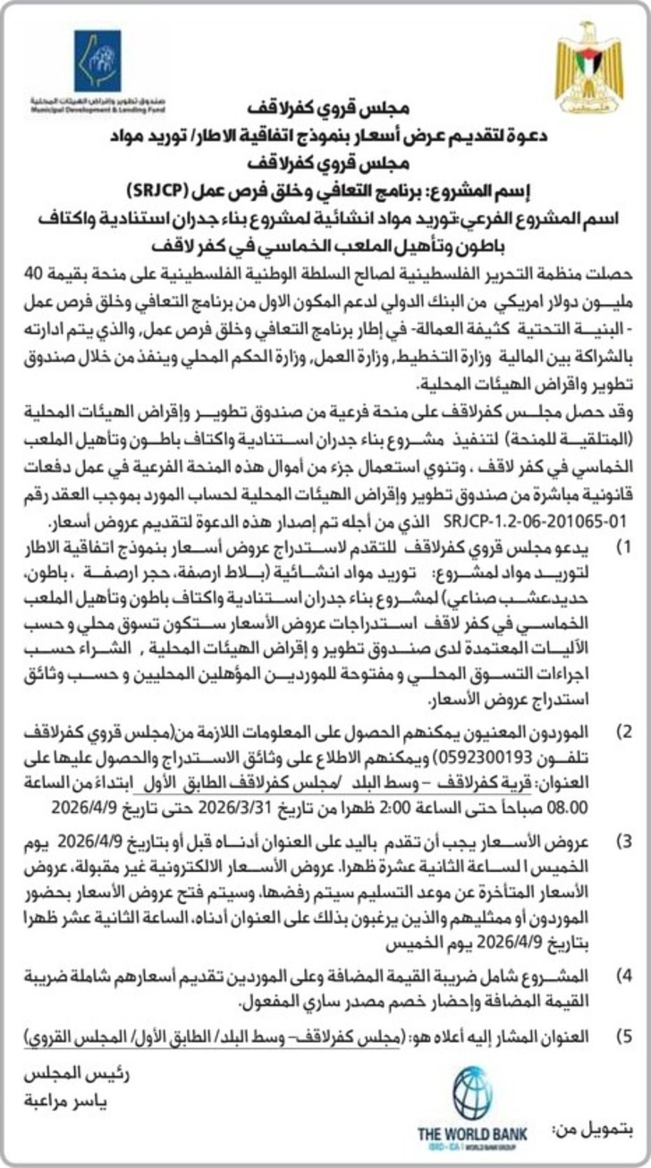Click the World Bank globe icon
point(471,1094)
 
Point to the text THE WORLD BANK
point(471,1134)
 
